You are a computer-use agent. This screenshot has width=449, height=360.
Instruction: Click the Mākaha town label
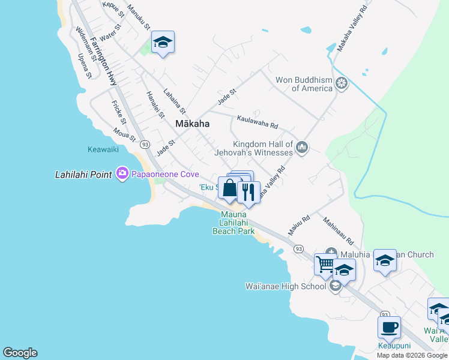point(193,124)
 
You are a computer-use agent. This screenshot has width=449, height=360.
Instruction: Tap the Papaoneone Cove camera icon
point(123,174)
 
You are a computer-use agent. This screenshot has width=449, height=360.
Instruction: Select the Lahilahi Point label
point(83,175)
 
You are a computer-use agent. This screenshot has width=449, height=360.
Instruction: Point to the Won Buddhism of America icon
point(342,83)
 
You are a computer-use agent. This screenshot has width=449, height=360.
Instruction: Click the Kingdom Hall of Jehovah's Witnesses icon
point(302,147)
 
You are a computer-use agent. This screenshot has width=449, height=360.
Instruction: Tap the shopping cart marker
point(325,263)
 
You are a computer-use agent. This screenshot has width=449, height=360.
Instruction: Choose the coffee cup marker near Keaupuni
point(389,327)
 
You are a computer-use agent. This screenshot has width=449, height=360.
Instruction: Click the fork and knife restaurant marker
point(248,192)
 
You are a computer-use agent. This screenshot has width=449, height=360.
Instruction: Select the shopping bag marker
point(229,188)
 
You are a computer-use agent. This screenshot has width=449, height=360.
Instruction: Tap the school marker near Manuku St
point(163,42)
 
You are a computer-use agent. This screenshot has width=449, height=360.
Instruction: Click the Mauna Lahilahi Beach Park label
point(234,223)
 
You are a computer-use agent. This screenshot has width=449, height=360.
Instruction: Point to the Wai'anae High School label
point(286,286)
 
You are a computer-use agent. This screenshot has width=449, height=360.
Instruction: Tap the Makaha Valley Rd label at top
point(352,29)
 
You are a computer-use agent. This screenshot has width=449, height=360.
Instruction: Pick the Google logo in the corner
point(20,353)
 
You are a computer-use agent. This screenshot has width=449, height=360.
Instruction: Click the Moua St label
point(125,135)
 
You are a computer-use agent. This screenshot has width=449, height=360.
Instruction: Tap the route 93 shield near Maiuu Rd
point(298,248)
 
